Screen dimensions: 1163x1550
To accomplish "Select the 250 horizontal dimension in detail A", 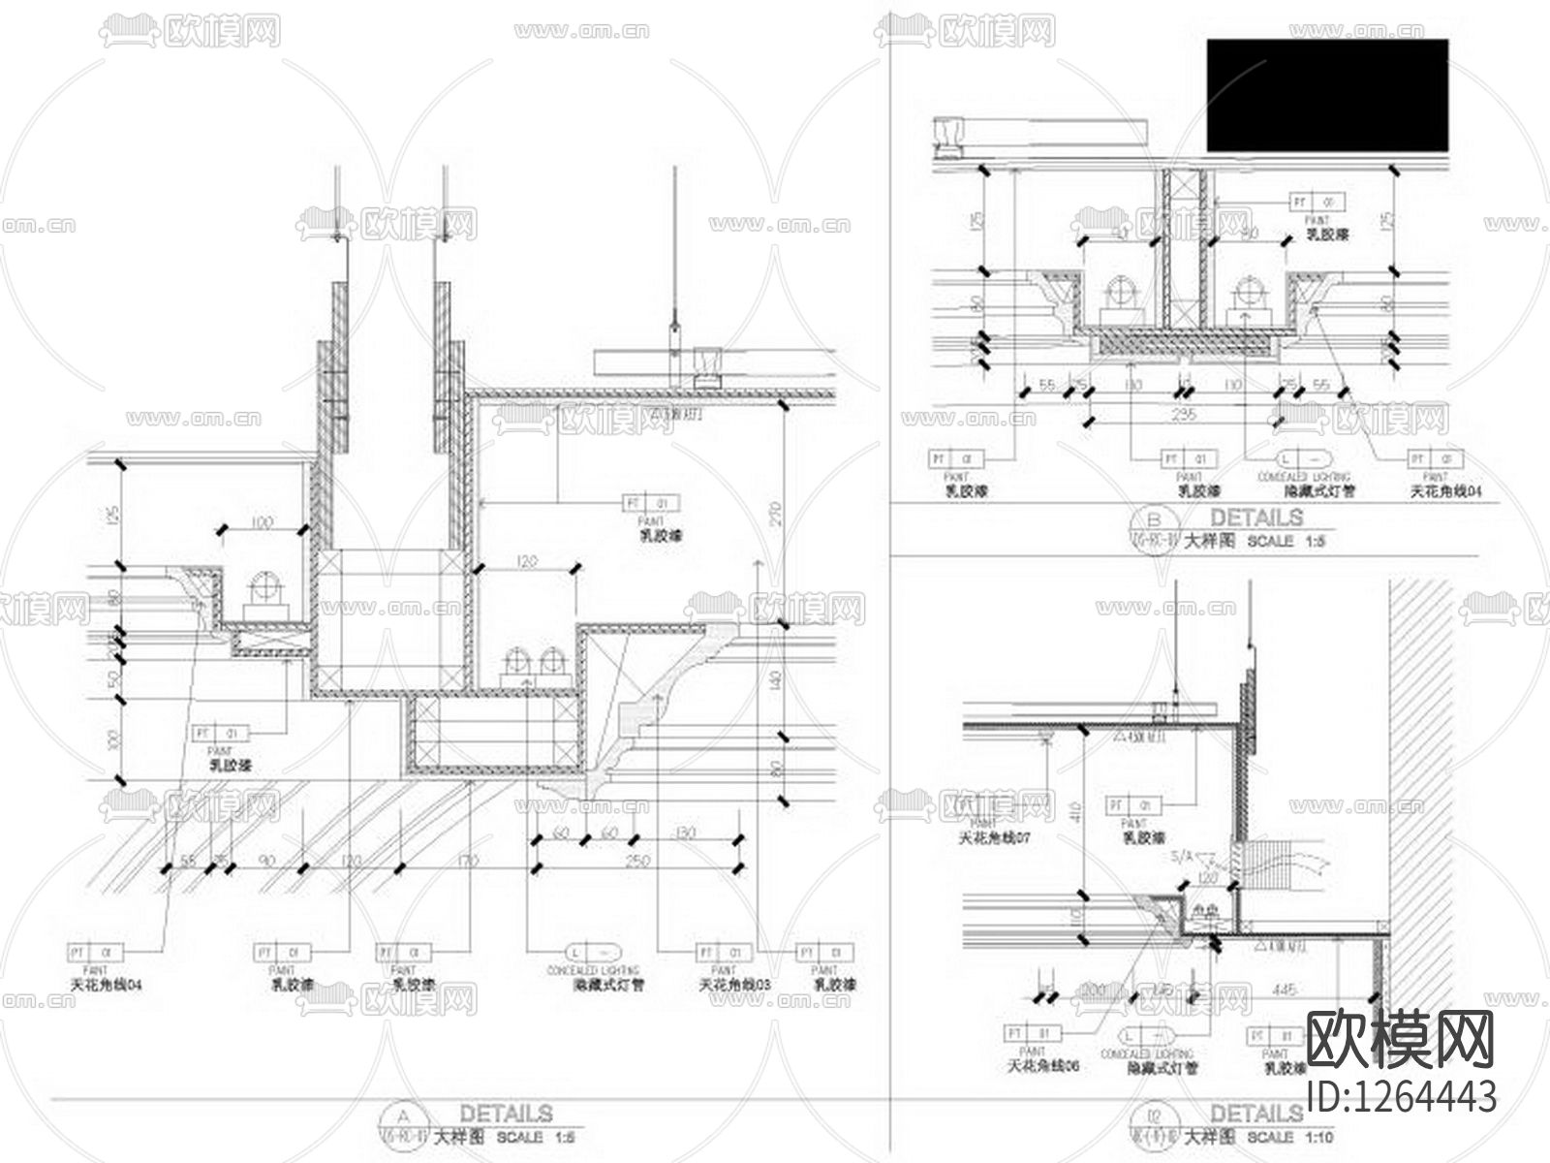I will click(x=636, y=861).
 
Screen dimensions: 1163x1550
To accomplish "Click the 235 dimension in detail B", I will click(x=1184, y=415).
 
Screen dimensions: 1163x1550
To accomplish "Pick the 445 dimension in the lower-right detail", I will click(x=1286, y=990).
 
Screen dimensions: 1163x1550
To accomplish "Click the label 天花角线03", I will click(x=735, y=985).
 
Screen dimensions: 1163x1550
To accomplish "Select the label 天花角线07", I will click(x=993, y=837).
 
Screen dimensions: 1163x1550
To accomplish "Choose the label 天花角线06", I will click(x=1043, y=1066).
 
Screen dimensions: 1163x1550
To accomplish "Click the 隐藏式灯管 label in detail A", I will click(x=608, y=985).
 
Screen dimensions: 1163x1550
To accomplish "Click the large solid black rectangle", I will click(x=1327, y=95).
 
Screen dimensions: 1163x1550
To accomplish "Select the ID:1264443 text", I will click(x=1401, y=1096).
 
